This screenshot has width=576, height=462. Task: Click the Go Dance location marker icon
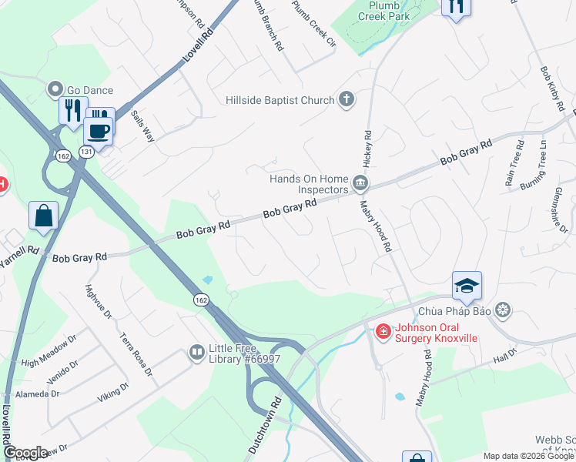[x=55, y=90]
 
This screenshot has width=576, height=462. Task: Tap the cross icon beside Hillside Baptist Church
[x=347, y=99]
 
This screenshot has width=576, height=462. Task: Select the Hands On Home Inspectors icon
[x=360, y=183]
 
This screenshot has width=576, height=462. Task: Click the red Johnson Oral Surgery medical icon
[x=383, y=331]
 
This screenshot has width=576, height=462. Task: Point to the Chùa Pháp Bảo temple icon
[x=504, y=311]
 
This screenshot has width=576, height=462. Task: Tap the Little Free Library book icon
[x=197, y=353]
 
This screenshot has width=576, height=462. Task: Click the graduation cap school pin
[x=467, y=286]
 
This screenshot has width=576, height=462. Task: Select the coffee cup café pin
[x=98, y=130]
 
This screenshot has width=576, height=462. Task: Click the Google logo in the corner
[x=26, y=453]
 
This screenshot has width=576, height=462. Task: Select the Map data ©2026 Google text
[x=528, y=456]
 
